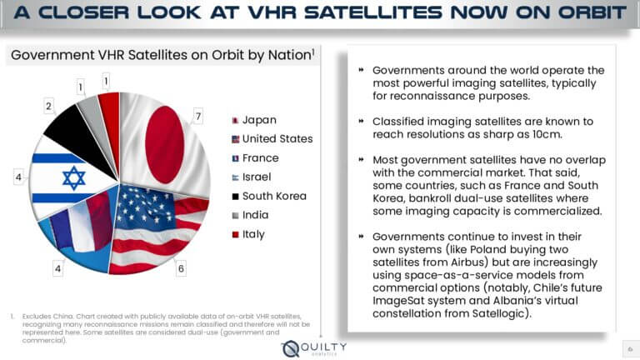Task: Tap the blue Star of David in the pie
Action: (x=74, y=177)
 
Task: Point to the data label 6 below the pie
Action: (x=181, y=268)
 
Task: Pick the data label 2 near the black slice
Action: (x=48, y=106)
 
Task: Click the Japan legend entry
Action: (x=258, y=120)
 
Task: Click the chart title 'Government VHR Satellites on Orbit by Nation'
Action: (x=161, y=56)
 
